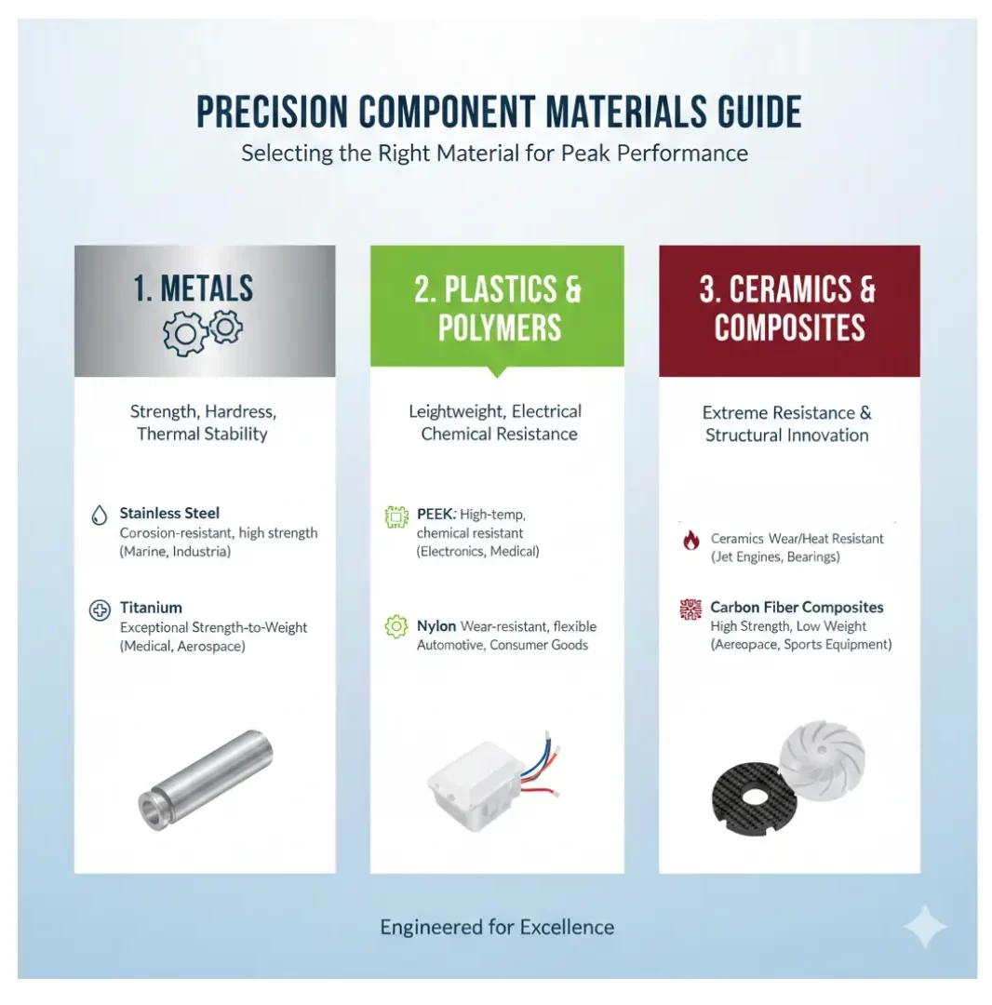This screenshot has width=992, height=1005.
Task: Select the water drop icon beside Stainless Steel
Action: pyautogui.click(x=99, y=515)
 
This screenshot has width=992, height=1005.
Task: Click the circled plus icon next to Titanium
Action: pyautogui.click(x=100, y=610)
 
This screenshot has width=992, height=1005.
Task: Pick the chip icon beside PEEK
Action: pyautogui.click(x=396, y=516)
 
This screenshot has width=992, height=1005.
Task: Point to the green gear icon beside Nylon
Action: pyautogui.click(x=396, y=626)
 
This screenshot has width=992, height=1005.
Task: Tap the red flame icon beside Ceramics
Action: pyautogui.click(x=690, y=540)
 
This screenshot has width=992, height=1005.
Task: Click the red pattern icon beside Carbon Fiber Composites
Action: pyautogui.click(x=690, y=609)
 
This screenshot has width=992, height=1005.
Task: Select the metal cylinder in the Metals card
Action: pyautogui.click(x=205, y=780)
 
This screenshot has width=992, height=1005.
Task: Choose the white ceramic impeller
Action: pyautogui.click(x=823, y=761)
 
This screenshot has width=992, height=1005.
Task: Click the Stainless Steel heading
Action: pyautogui.click(x=169, y=514)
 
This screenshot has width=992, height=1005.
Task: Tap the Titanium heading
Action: pyautogui.click(x=151, y=608)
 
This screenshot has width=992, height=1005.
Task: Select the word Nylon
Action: pyautogui.click(x=436, y=625)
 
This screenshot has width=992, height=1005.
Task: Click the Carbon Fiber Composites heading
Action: pyautogui.click(x=797, y=607)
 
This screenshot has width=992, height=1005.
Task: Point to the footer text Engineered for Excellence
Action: pyautogui.click(x=497, y=928)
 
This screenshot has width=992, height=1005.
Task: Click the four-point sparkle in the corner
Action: pyautogui.click(x=925, y=926)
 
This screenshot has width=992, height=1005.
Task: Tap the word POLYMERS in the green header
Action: pyautogui.click(x=499, y=328)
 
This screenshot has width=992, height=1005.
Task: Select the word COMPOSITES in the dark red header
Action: pyautogui.click(x=789, y=328)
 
